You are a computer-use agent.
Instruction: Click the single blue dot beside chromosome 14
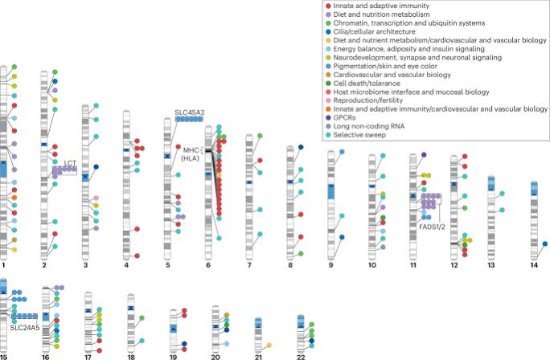pyautogui.click(x=545, y=243)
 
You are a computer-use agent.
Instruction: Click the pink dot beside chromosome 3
pyautogui.click(x=96, y=198)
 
